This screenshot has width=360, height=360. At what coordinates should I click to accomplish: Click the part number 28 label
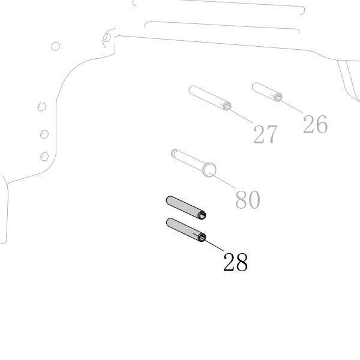(236, 262)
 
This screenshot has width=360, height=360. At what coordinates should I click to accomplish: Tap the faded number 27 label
(265, 134)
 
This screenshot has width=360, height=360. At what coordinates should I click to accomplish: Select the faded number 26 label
(315, 124)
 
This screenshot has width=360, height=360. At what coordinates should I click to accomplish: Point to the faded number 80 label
(248, 200)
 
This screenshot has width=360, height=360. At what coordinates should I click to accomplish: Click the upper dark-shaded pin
(186, 208)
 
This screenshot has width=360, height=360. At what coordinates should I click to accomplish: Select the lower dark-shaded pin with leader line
(186, 230)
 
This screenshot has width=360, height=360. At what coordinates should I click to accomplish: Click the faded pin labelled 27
(210, 98)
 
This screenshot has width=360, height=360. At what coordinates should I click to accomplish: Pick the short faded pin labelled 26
(267, 92)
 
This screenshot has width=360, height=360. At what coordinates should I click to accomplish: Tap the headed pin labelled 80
(194, 163)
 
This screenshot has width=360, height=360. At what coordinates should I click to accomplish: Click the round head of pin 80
(209, 170)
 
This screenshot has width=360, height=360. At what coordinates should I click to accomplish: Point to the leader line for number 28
(208, 242)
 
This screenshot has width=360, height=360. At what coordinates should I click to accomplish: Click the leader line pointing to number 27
(236, 113)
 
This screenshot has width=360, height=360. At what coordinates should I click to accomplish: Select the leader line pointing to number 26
(287, 104)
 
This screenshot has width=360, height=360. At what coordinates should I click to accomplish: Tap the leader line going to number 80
(222, 181)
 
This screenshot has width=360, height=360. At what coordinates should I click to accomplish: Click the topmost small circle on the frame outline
(55, 46)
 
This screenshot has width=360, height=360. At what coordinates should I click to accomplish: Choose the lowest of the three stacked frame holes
(44, 157)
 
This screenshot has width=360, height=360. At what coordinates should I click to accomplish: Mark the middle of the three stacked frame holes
(44, 134)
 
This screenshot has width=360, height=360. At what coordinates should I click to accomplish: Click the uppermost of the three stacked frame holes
(41, 107)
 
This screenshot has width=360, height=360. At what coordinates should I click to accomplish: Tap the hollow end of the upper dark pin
(202, 215)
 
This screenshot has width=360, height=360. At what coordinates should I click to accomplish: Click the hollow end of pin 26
(278, 97)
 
